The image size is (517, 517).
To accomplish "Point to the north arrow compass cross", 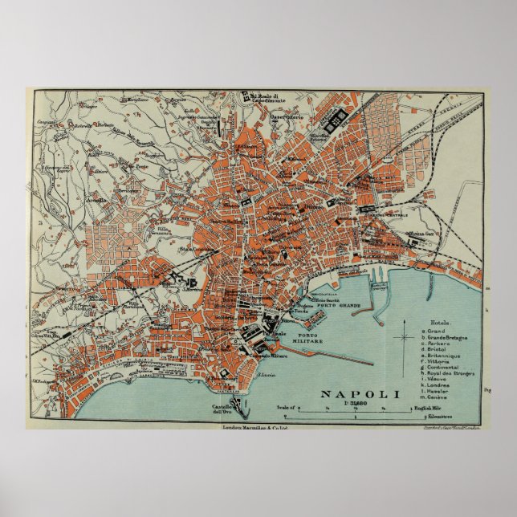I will coord(403,337).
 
